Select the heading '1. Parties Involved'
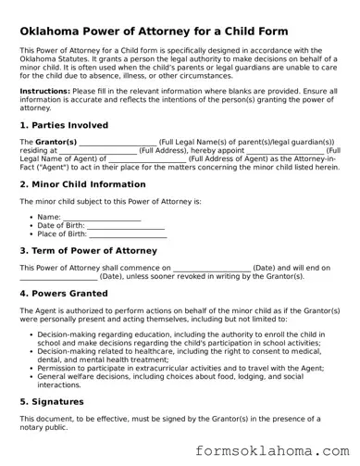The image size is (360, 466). click(x=63, y=124)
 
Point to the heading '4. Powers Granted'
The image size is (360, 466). click(x=63, y=293)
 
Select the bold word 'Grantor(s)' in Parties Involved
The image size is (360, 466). click(x=56, y=141)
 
